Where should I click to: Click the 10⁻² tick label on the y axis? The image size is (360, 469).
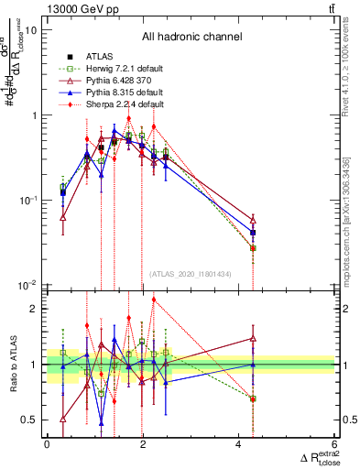(28, 285)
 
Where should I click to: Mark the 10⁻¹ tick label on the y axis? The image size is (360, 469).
(28, 200)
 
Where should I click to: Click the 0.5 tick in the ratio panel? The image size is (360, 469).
(29, 420)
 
